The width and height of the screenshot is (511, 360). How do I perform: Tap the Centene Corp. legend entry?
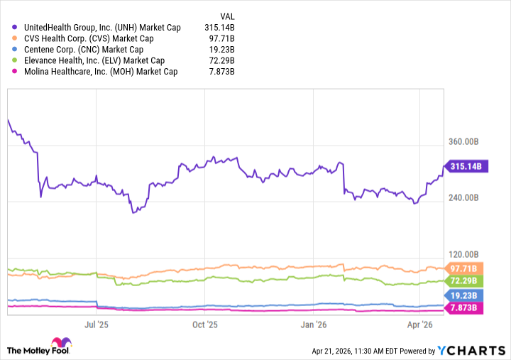(x=82, y=50)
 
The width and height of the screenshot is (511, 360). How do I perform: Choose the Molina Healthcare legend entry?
(x=99, y=72)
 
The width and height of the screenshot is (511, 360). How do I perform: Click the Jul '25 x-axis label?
(x=97, y=324)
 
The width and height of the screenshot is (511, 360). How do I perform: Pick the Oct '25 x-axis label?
(x=205, y=324)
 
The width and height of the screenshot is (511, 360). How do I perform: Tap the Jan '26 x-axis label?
(x=314, y=324)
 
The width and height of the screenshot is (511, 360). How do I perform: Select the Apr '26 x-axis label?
(x=422, y=324)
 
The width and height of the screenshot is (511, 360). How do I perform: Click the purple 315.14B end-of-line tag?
(x=466, y=167)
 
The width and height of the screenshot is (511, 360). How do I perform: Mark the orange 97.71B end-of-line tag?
(x=466, y=268)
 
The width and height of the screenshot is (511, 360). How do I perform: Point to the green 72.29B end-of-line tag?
(x=466, y=281)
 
